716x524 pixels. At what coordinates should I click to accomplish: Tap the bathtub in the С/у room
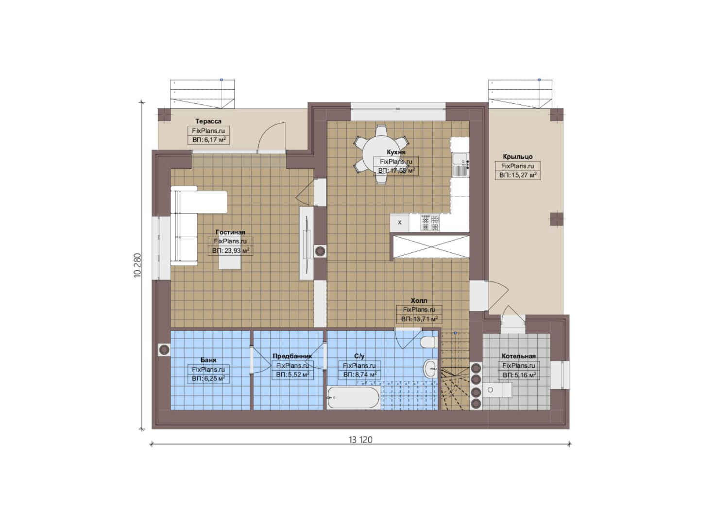[354, 397]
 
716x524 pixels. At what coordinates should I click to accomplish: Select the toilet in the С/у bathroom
[428, 343]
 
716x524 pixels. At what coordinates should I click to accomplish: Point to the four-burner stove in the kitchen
[430, 223]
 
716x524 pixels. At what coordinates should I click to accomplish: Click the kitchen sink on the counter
[460, 164]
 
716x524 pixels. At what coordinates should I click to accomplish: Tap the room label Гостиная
[230, 232]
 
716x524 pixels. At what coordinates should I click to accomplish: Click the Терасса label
[208, 121]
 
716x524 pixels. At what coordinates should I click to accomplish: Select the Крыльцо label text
[518, 157]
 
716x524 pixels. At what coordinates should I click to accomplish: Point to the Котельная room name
[518, 356]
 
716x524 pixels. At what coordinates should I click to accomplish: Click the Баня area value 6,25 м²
[208, 379]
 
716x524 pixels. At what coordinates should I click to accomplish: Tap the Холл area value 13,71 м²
[419, 319]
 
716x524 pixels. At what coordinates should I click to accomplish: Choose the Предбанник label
[292, 356]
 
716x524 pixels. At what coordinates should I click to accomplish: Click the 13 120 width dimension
[360, 440]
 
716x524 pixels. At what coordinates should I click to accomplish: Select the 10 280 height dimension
[137, 265]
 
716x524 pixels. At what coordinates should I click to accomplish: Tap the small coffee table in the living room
[230, 262]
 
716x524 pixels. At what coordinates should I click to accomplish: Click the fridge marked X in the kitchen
[400, 223]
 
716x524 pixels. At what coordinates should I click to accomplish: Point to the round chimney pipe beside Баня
[164, 350]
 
